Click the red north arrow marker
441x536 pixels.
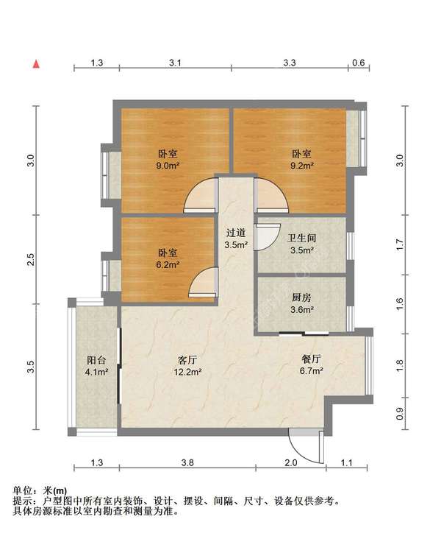(x=36, y=64)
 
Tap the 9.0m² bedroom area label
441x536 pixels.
(x=168, y=166)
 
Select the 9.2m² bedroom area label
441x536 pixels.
(x=302, y=166)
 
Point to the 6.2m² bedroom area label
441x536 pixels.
(x=168, y=264)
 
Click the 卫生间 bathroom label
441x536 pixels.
(x=302, y=238)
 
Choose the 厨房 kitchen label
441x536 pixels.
(x=302, y=297)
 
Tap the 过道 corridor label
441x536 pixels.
(x=236, y=233)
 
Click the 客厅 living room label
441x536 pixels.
(x=187, y=359)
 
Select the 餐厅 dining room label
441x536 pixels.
(x=312, y=359)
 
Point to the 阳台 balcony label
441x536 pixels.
(x=96, y=360)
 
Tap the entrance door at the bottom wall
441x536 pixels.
(x=306, y=446)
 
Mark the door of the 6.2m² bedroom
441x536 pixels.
(x=203, y=281)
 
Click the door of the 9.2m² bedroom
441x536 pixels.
(x=271, y=195)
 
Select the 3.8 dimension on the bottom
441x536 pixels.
(x=187, y=463)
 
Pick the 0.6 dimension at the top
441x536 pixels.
(x=358, y=63)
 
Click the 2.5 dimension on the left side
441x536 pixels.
(x=31, y=259)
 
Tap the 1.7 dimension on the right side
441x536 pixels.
(x=400, y=244)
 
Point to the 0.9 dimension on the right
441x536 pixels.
(x=400, y=414)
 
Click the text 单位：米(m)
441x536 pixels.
(x=40, y=490)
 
